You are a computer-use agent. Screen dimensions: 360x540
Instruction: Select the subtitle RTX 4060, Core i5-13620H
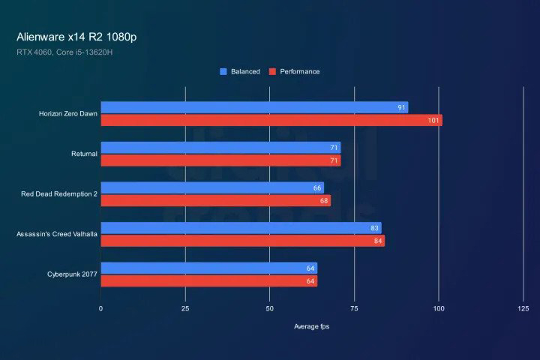pos(64,52)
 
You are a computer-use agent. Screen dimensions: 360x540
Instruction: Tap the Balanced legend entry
pos(240,72)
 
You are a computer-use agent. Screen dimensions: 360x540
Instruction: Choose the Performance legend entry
pos(294,72)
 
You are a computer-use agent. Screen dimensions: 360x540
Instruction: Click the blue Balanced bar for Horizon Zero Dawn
pos(254,107)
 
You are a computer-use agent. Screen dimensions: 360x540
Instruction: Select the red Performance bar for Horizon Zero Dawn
pos(271,120)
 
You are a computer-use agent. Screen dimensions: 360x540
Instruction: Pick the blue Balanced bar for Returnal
pos(220,148)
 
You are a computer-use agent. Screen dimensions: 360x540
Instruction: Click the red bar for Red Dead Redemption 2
pos(215,200)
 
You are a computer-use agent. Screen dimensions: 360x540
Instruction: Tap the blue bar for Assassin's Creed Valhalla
pos(241,228)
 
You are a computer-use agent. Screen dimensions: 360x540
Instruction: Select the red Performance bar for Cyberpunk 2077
pos(208,281)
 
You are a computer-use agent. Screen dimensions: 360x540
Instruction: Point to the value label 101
pos(433,120)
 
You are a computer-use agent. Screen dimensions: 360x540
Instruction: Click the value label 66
pos(317,187)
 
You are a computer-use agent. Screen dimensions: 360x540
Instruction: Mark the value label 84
pos(378,241)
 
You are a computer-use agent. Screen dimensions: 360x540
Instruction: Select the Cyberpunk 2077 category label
pos(73,274)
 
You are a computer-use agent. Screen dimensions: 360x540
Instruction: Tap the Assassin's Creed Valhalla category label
pos(57,234)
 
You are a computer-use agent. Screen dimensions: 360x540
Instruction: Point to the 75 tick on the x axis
pos(354,308)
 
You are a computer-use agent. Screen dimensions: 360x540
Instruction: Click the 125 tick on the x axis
pos(523,308)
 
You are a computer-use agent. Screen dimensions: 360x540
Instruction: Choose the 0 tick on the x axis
pos(101,308)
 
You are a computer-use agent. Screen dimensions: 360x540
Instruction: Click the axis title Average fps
pos(311,326)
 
